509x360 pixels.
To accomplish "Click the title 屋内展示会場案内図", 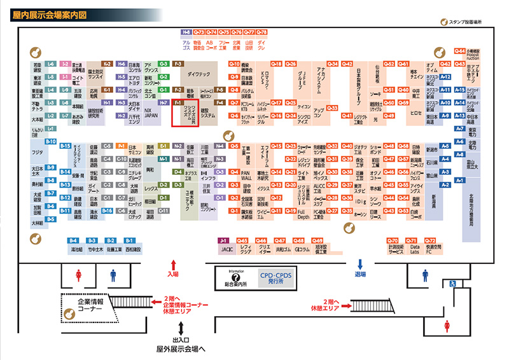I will [48, 14].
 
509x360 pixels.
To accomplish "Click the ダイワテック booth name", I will [199, 74].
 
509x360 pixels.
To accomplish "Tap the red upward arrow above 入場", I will [173, 263].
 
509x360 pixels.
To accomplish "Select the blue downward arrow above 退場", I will [360, 263].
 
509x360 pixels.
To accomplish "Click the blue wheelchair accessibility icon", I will [453, 283].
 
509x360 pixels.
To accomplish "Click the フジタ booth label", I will [37, 153].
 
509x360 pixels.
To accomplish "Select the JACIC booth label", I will [223, 250].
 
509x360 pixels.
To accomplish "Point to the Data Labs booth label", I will [414, 250].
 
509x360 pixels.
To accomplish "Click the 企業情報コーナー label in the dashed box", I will [85, 302].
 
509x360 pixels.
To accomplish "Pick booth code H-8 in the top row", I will [186, 32].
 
